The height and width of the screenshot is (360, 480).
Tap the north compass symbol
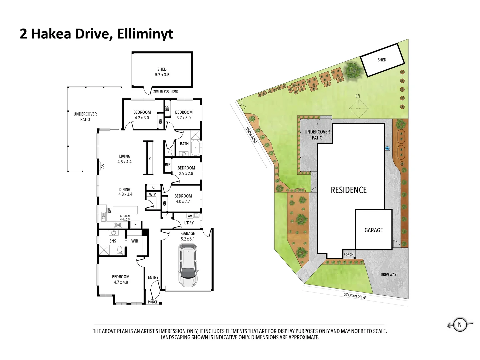[x=460, y=325]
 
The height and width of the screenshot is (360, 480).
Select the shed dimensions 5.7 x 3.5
[x=162, y=75]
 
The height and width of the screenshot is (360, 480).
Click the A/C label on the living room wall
[x=102, y=166]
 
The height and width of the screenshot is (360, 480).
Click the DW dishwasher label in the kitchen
[x=110, y=210]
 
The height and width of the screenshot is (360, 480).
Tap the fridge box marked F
[x=135, y=224]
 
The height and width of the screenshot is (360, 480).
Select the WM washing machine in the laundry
[x=190, y=216]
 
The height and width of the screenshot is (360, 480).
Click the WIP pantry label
[x=152, y=194]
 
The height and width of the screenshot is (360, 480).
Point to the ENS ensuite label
[x=113, y=241]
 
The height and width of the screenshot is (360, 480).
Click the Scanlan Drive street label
[x=355, y=296]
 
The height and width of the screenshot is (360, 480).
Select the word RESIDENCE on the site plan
[x=349, y=190]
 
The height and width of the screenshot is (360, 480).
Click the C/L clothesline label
[x=358, y=96]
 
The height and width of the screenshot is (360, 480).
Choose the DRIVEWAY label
[x=388, y=275]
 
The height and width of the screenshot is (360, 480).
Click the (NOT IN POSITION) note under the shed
[x=165, y=91]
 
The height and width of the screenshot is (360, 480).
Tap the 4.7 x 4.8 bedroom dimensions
[x=121, y=282]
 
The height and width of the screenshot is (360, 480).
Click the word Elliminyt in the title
[x=145, y=34]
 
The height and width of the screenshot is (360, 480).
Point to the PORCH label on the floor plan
[x=153, y=302]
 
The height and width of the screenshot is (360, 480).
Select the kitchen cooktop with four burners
[x=118, y=224]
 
